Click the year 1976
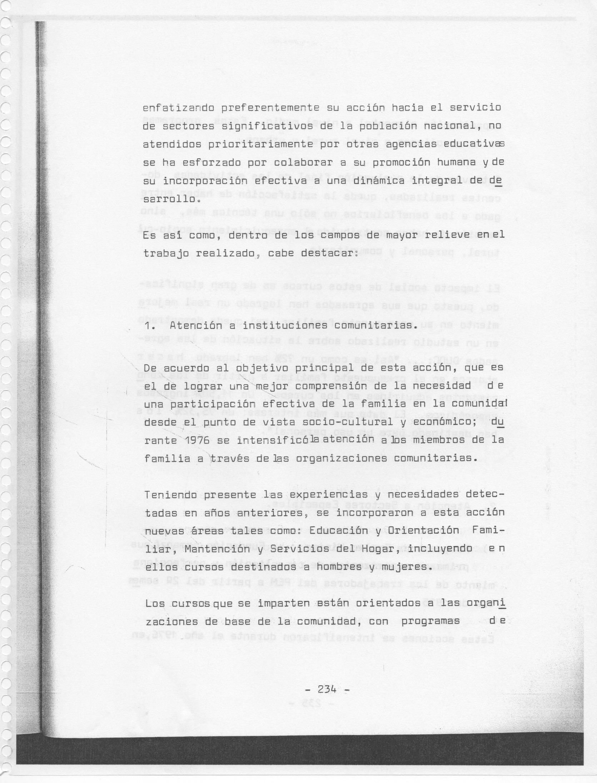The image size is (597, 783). point(198,440)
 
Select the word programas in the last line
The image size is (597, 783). point(431,621)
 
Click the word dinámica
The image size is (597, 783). point(379,181)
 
